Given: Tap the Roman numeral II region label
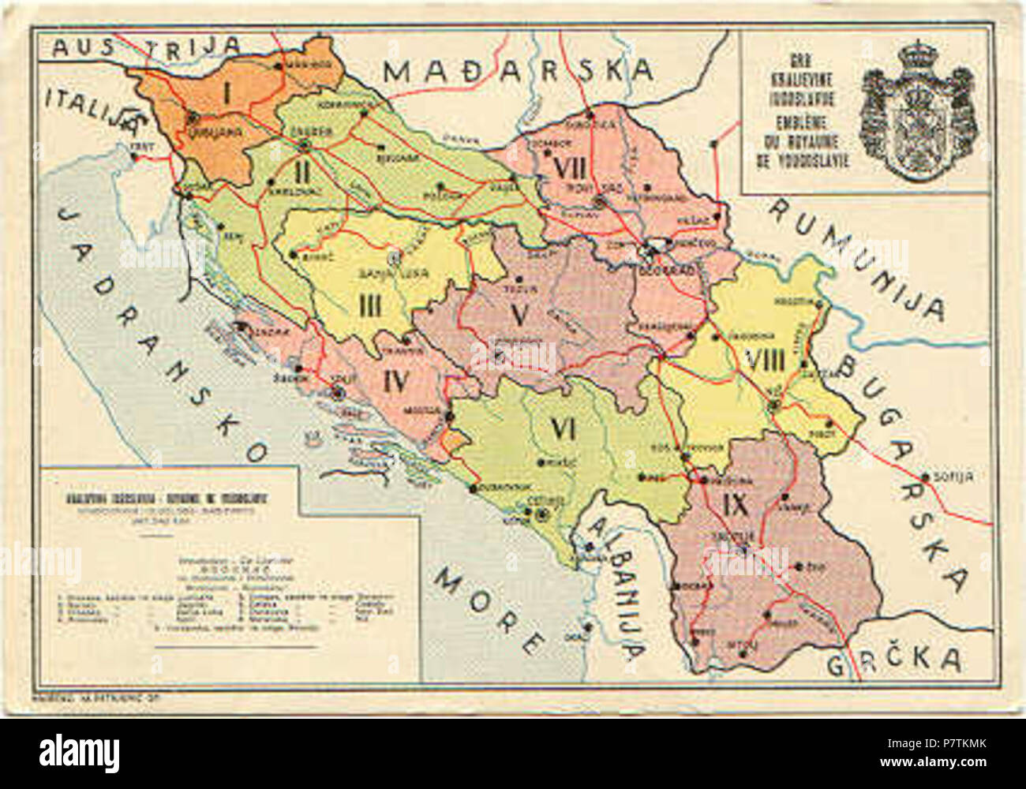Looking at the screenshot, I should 301,170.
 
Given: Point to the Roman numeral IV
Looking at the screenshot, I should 395,382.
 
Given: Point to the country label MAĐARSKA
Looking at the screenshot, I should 519,71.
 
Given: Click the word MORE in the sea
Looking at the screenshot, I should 489,604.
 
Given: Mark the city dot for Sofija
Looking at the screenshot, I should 924,477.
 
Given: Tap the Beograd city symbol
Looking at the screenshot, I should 649,251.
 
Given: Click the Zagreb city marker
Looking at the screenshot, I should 305,144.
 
